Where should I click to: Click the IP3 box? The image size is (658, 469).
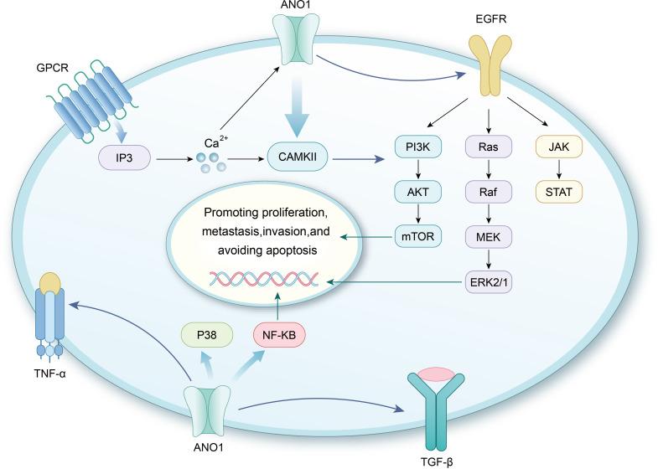coord(124,158)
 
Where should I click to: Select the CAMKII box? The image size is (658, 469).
coord(298,157)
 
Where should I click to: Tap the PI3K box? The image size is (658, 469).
coord(418,147)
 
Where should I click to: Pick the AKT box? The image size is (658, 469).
coord(418,192)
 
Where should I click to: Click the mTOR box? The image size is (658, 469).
coord(418,236)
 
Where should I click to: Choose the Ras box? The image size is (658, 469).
coord(489,147)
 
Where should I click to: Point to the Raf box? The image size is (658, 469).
coord(489,192)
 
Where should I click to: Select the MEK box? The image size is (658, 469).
coord(489,237)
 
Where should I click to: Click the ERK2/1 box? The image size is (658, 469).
coord(489,281)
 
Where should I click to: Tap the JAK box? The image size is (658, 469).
coord(559,147)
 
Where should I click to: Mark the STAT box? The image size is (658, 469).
coord(559,192)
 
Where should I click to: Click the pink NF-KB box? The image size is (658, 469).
coord(279,335)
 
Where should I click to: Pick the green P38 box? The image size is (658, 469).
coord(207,335)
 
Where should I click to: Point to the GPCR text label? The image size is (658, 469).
coord(53,68)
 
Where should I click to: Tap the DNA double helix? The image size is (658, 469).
coord(264,279)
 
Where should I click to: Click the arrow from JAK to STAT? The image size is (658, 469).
coord(559,169)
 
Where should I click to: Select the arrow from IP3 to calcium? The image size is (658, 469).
coord(174,159)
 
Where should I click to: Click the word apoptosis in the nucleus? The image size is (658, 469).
coord(292,250)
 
